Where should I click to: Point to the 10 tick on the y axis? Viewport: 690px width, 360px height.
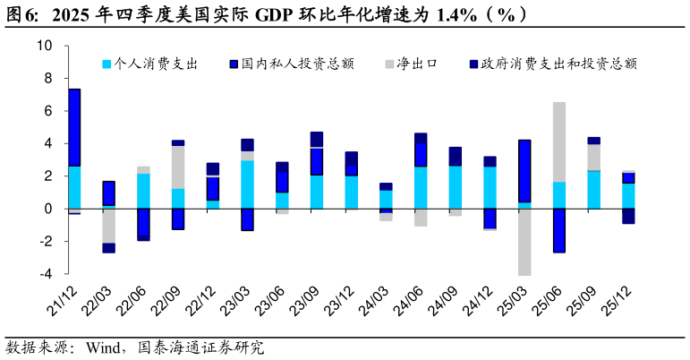pyautogui.click(x=44, y=46)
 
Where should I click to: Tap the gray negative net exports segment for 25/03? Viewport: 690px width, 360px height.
pyautogui.click(x=524, y=242)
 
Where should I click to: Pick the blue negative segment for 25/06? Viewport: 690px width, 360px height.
pyautogui.click(x=558, y=230)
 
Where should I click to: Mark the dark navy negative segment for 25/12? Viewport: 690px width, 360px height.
pyautogui.click(x=628, y=216)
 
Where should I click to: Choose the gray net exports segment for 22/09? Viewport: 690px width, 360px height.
pyautogui.click(x=178, y=167)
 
